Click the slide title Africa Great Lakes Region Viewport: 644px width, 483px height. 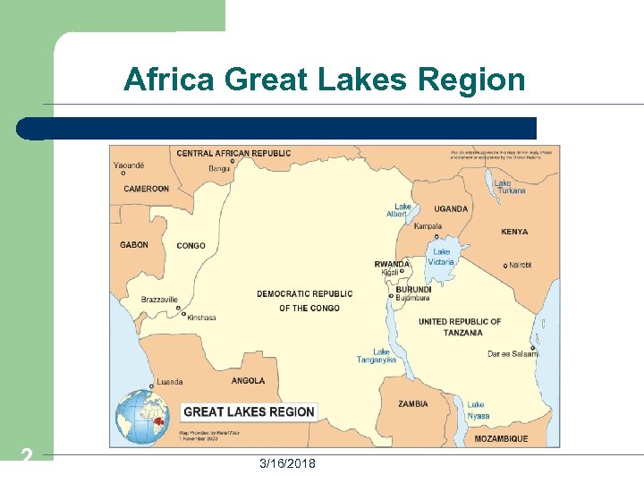point(324,80)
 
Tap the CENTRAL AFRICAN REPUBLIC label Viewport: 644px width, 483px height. point(233,153)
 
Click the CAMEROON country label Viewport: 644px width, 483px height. point(146,189)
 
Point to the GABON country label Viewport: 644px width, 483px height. point(134,245)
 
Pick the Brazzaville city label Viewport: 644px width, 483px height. point(159,300)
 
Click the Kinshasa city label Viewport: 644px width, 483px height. point(201,318)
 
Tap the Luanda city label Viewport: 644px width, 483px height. point(170,382)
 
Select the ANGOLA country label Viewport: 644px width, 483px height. point(248,380)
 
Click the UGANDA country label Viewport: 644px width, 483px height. point(451,209)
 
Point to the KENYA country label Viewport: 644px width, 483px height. point(514,232)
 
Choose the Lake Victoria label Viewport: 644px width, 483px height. point(442,257)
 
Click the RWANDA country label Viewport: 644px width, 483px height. point(392,264)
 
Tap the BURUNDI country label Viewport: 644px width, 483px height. point(413,290)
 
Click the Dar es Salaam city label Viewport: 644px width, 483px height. point(513,354)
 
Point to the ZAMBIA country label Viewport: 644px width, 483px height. point(413,403)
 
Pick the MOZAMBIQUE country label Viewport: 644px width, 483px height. point(501,438)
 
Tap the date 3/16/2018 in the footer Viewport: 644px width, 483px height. point(286,463)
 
